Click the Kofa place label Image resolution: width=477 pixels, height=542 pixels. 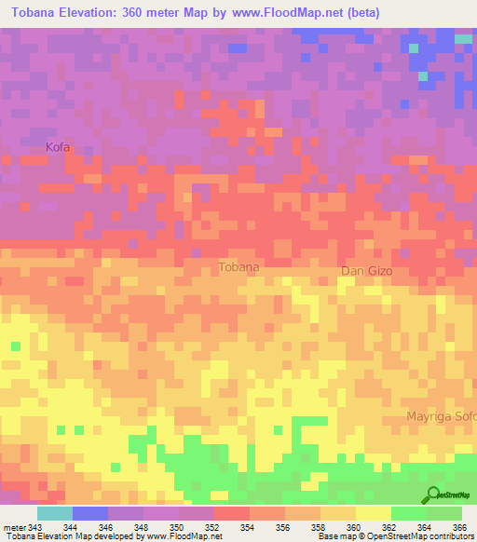[x=58, y=147]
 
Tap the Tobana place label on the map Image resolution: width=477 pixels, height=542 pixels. [x=238, y=267]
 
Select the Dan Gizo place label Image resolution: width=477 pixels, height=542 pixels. [x=366, y=271]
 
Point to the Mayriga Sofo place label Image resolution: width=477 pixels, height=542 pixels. [x=441, y=416]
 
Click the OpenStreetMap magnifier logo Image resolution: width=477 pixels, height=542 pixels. [x=433, y=495]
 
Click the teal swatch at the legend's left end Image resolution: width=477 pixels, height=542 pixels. [x=54, y=513]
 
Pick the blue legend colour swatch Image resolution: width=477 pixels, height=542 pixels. [x=90, y=513]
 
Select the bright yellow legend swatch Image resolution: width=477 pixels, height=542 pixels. [x=373, y=513]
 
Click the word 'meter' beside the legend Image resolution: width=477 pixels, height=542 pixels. [x=14, y=527]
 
